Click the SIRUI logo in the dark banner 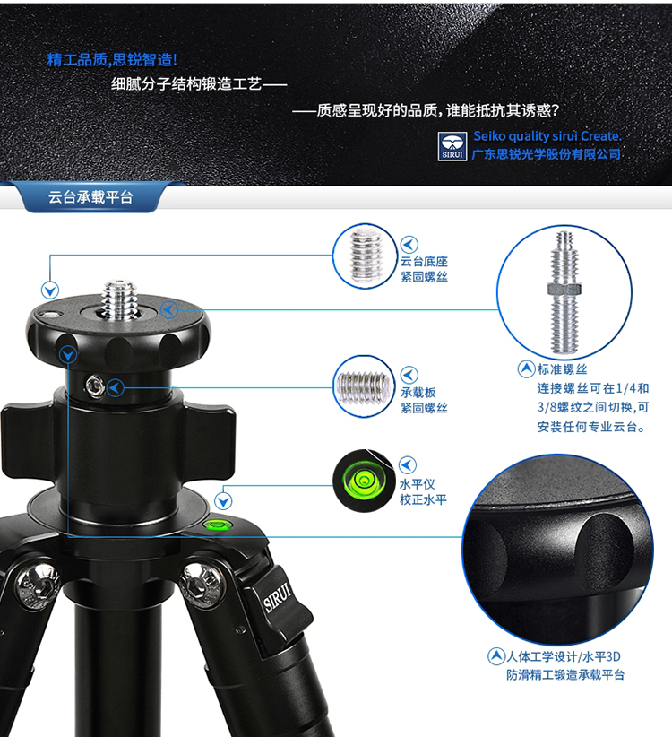[452, 146]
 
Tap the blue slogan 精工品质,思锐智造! [112, 60]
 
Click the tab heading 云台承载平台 [90, 197]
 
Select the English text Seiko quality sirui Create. [547, 136]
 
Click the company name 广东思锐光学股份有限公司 [547, 154]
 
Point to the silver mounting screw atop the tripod [119, 300]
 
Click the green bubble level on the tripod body [216, 524]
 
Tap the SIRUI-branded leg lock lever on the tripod [280, 607]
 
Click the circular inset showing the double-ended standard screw [564, 292]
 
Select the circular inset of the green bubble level [364, 481]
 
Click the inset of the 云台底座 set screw [365, 256]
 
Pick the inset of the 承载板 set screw [364, 386]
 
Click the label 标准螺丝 [562, 369]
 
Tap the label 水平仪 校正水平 [423, 491]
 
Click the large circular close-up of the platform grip [558, 550]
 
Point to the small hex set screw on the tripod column [94, 386]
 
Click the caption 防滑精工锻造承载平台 [565, 675]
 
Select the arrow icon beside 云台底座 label [409, 245]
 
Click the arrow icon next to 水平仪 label [408, 464]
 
